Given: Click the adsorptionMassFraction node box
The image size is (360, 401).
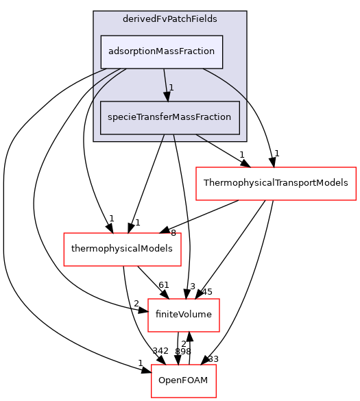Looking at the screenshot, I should (x=162, y=52).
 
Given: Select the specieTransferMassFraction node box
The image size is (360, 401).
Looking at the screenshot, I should (x=169, y=118).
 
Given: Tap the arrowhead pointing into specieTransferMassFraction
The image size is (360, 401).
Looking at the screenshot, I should (x=167, y=97).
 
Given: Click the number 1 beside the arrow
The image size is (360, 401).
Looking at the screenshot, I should (x=171, y=87).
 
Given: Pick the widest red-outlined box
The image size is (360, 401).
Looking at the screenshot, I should (x=276, y=184).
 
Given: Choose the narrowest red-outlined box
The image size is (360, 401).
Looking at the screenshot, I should (x=183, y=381).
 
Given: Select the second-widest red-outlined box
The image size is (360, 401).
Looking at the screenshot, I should (x=122, y=250).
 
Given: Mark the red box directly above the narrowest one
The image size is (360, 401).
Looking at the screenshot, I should (x=183, y=315).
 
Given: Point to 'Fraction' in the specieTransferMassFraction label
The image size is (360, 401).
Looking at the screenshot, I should (x=213, y=118).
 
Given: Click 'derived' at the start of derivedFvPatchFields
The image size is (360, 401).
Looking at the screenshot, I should (x=137, y=19).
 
